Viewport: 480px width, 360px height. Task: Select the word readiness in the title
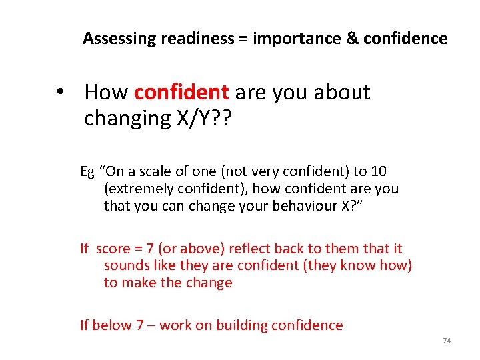point(195,39)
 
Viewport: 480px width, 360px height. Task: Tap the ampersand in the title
point(352,39)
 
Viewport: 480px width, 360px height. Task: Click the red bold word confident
point(181,93)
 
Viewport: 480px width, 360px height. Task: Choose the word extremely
point(136,189)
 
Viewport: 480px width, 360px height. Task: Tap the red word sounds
point(124,266)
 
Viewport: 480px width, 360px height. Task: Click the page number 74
point(447,341)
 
